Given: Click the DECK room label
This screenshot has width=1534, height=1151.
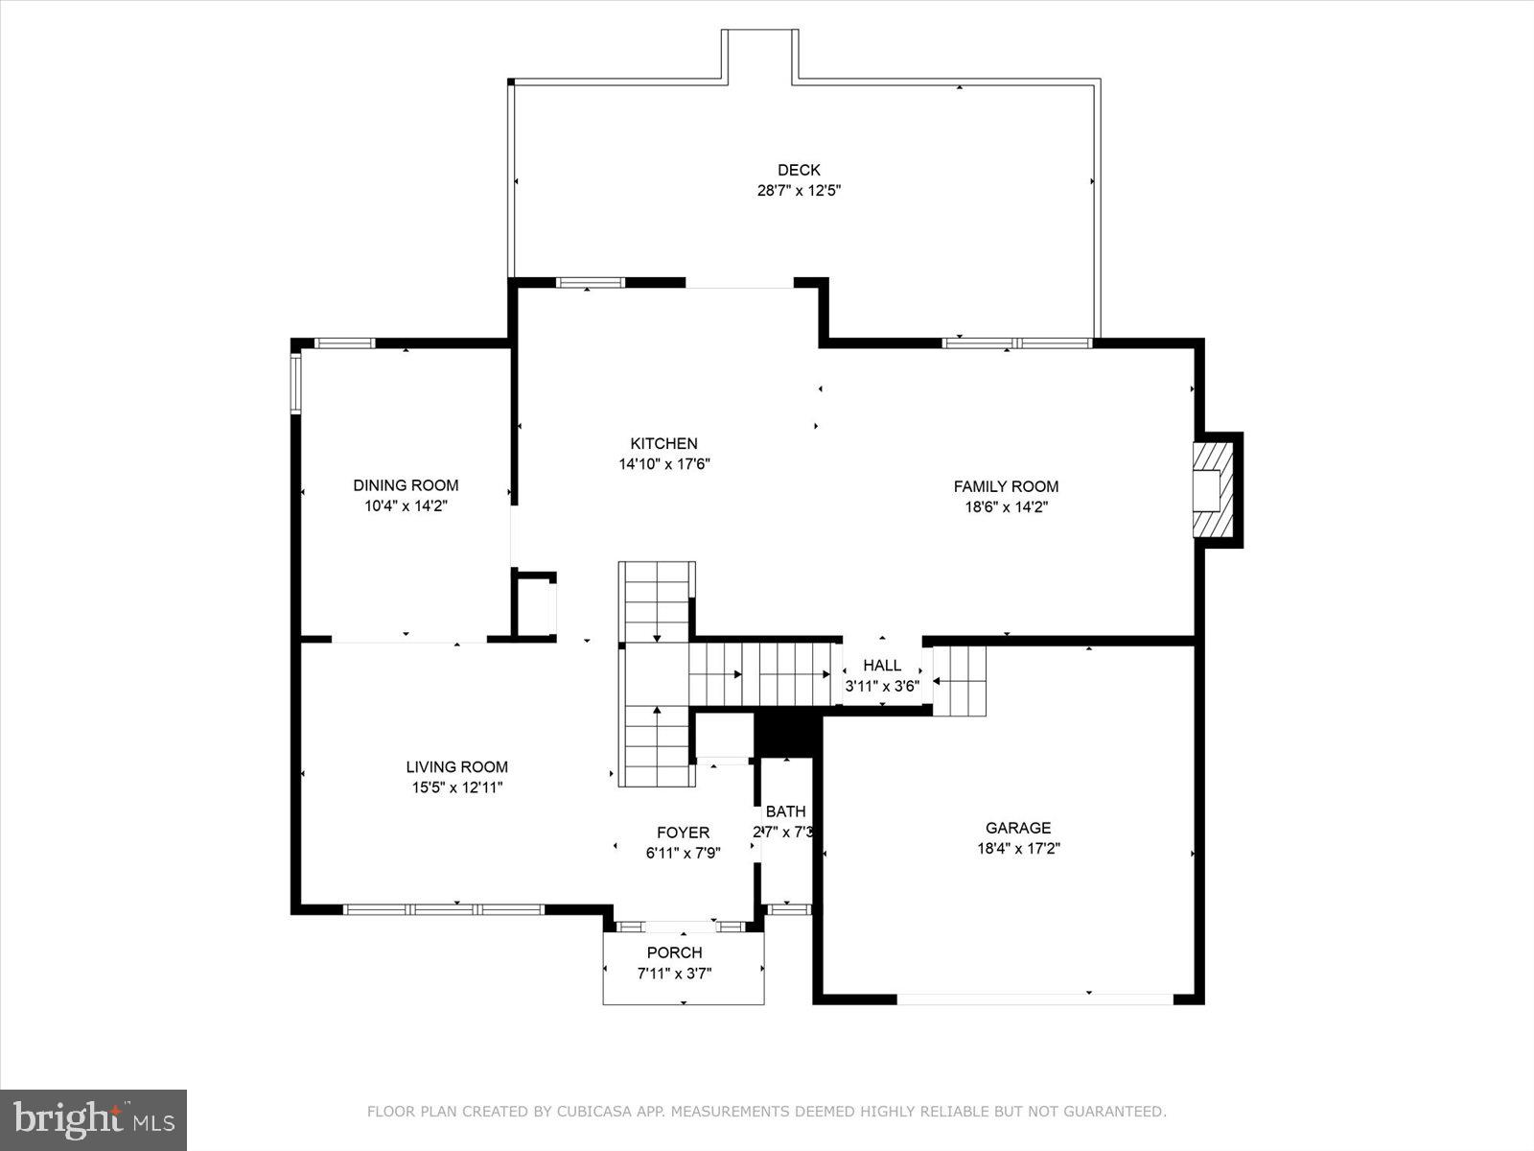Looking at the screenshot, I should (799, 170).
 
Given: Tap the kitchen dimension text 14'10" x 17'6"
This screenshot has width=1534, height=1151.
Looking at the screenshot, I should (663, 464).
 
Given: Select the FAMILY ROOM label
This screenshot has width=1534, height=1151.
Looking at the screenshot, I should (1006, 486).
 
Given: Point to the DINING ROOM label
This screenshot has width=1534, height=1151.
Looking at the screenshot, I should (406, 485).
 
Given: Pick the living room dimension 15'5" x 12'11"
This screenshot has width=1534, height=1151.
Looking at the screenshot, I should (457, 787).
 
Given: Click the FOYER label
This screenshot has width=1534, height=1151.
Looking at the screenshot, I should (683, 833).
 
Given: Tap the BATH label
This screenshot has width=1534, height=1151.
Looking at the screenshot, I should (785, 811).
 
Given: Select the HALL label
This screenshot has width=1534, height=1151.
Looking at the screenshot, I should (882, 665).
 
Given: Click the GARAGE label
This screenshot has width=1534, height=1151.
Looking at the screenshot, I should (1018, 828).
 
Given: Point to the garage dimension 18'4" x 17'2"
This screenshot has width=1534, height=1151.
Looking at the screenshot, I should (1018, 848).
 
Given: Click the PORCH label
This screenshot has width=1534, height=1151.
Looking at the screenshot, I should (674, 952).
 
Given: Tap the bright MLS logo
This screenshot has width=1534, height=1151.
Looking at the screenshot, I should (93, 1119).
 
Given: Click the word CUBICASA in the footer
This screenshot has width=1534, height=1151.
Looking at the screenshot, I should (596, 1112).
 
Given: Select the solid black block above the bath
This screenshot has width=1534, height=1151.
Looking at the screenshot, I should (787, 734).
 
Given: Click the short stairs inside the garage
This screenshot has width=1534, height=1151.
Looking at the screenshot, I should (960, 681).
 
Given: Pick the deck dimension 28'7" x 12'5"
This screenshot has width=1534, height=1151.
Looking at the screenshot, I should (799, 190).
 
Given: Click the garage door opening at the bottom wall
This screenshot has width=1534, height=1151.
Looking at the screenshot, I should (1034, 999).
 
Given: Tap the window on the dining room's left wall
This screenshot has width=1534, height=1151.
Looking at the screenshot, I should (296, 384).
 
